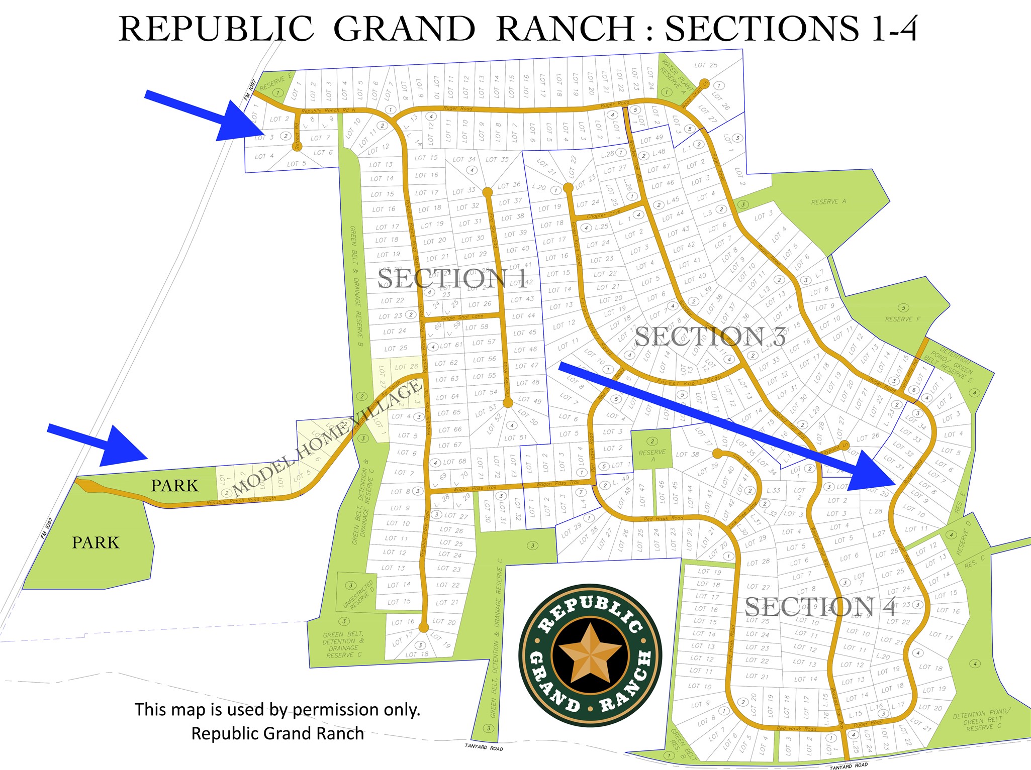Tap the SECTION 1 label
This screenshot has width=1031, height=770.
(452, 279)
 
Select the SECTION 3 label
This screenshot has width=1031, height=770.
(710, 337)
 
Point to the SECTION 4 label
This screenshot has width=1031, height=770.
(819, 607)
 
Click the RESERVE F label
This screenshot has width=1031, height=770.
(903, 319)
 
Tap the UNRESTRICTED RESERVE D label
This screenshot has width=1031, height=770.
(358, 595)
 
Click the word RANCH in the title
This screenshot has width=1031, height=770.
(566, 29)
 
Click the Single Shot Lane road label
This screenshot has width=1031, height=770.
(461, 317)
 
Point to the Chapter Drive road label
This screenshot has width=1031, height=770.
(603, 214)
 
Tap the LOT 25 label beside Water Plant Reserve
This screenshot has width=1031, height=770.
(706, 65)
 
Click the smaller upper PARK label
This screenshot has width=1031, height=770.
(174, 486)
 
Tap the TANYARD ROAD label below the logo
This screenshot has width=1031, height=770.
(484, 747)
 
